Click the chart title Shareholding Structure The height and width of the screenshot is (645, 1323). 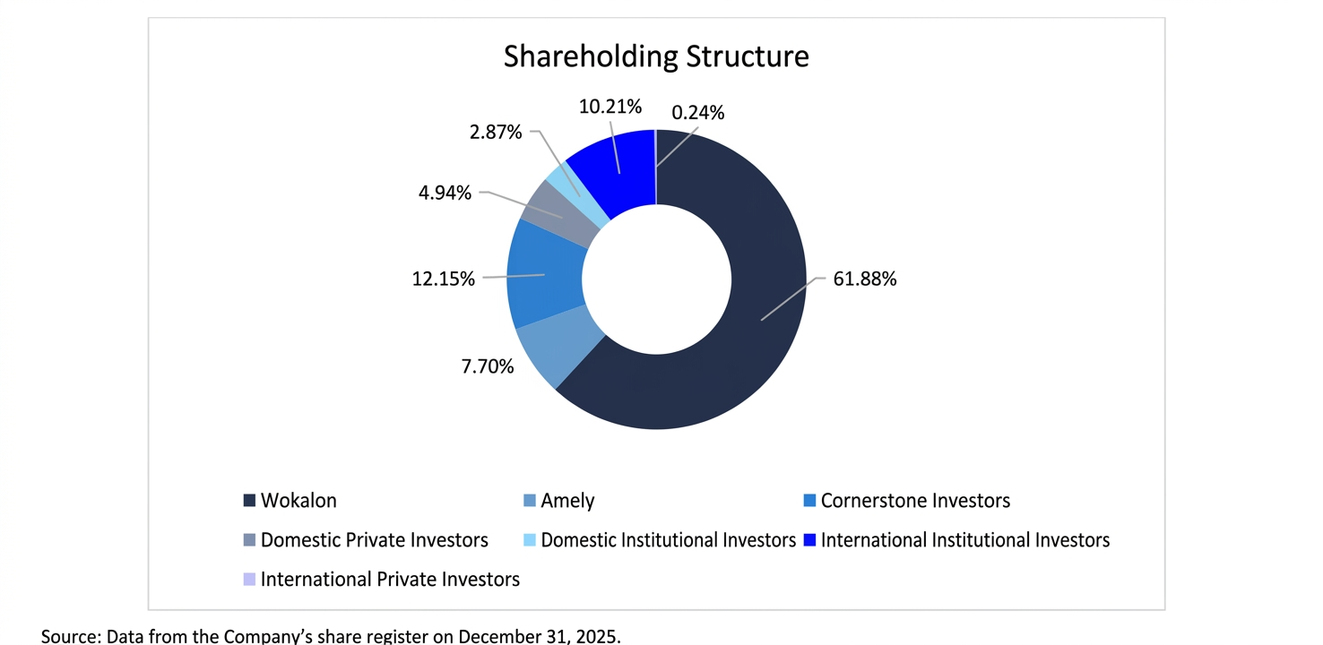[656, 56]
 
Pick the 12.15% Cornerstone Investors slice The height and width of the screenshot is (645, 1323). [541, 274]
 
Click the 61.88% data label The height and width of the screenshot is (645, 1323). [864, 279]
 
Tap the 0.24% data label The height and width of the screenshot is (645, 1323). [697, 113]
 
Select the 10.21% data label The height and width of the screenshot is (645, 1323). [610, 107]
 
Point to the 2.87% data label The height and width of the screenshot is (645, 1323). [495, 133]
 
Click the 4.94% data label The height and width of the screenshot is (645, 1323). [445, 193]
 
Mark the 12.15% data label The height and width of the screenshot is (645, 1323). [443, 279]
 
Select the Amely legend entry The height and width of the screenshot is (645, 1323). [567, 501]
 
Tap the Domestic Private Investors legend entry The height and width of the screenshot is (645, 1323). [374, 540]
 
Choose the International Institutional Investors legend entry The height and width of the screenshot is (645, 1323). [964, 540]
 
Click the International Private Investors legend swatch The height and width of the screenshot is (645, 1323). [249, 580]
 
